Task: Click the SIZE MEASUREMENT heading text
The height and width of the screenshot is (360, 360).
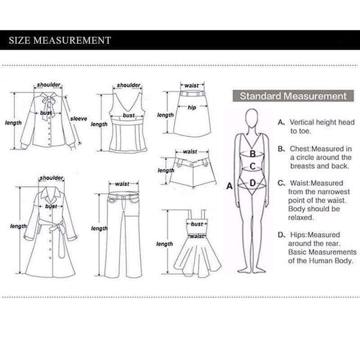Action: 60,40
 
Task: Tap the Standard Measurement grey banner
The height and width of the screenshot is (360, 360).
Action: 293,96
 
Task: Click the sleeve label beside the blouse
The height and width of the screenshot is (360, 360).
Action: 79,119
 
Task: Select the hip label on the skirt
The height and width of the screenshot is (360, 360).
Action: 192,107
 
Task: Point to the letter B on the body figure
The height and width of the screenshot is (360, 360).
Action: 253,154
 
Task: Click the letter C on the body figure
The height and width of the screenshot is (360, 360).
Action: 253,166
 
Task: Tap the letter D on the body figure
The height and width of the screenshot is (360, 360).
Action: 253,183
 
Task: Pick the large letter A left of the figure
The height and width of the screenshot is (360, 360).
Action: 230,186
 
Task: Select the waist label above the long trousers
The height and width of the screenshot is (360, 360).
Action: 122,184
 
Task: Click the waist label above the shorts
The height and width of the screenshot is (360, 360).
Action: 190,152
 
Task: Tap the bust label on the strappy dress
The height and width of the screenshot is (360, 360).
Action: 197,224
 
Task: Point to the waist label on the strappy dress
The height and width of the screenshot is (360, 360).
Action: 197,236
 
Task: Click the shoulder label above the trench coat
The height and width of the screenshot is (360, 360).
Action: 52,178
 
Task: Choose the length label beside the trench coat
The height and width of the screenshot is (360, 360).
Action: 19,226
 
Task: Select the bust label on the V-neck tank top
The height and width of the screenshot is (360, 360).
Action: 128,115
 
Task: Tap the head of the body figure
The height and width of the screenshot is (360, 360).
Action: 251,118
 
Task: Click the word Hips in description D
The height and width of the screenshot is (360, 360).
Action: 298,235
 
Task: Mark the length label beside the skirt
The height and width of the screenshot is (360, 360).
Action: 166,115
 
